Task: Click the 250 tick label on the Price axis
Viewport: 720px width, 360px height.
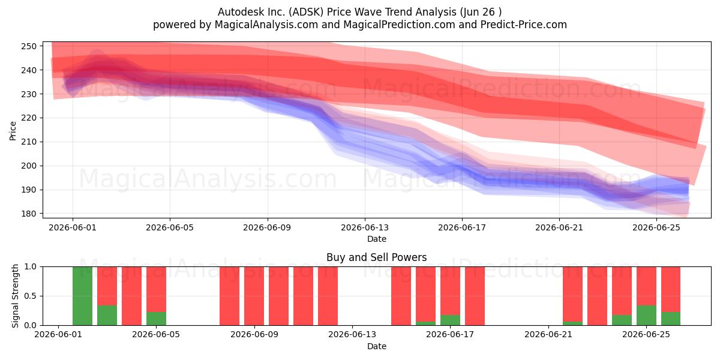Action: (x=29, y=46)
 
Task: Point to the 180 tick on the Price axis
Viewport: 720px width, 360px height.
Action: (x=29, y=214)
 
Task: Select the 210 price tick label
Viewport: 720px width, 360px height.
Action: (x=29, y=142)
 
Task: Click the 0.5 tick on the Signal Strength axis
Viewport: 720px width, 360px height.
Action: (x=30, y=296)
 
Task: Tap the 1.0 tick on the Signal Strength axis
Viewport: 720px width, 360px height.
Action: (x=30, y=267)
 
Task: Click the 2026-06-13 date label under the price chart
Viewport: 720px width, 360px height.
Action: (x=365, y=227)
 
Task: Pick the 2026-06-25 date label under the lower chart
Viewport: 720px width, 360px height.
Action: (x=646, y=335)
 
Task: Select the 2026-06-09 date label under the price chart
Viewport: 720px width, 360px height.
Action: (x=267, y=227)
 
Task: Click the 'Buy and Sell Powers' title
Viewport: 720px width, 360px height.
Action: (x=377, y=257)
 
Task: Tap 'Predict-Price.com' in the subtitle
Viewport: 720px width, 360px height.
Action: (x=524, y=25)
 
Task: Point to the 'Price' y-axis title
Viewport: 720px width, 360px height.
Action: (x=13, y=131)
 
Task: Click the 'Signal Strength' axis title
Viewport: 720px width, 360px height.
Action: (x=15, y=296)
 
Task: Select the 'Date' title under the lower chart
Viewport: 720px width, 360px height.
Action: (x=377, y=347)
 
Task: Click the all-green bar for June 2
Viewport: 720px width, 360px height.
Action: (x=82, y=296)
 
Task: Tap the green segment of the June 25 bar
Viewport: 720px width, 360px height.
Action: (x=646, y=316)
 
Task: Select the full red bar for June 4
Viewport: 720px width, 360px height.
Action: (x=131, y=296)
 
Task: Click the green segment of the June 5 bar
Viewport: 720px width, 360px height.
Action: (x=156, y=319)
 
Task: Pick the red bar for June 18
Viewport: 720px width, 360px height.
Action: (x=475, y=296)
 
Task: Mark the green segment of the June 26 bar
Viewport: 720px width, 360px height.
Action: (x=671, y=319)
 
